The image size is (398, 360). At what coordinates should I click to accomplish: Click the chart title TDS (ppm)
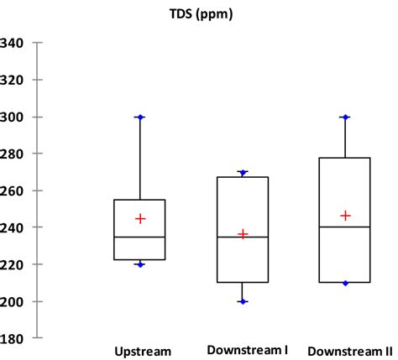199,13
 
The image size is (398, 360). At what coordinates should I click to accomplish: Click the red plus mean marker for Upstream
140,218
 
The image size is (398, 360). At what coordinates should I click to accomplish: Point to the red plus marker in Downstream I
244,234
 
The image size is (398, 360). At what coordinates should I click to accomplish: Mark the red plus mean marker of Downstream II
345,216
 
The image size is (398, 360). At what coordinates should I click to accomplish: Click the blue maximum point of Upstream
140,117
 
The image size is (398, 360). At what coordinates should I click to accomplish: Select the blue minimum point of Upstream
140,264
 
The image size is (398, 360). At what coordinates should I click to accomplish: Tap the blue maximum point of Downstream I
244,173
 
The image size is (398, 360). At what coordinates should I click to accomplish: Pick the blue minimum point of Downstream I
244,301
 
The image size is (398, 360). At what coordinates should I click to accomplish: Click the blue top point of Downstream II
345,117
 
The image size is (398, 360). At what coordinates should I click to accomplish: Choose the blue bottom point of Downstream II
345,283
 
